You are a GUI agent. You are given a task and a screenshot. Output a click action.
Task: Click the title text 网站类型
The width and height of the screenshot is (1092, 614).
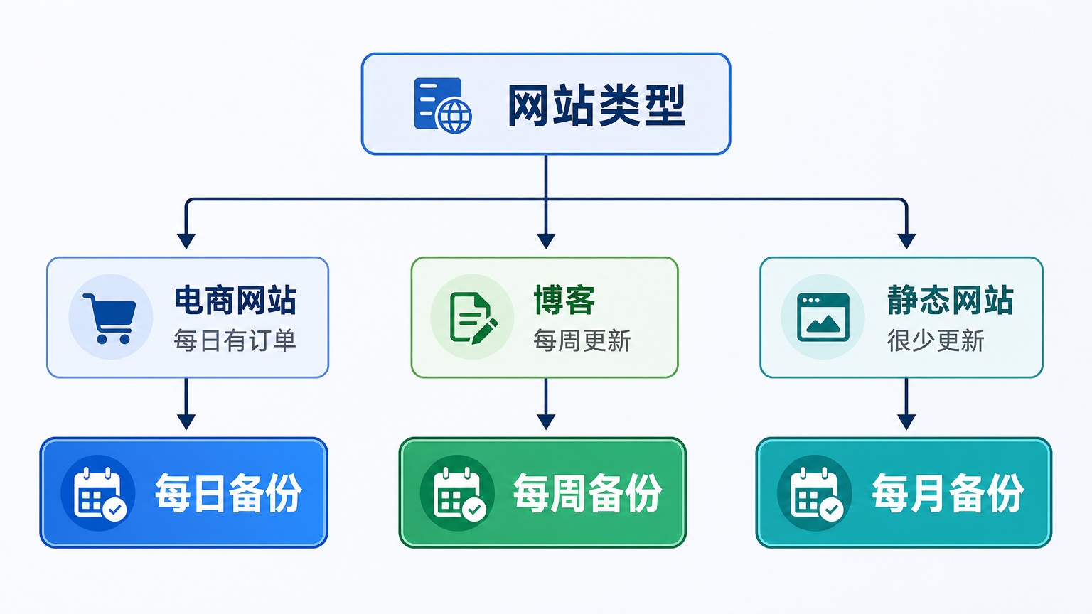tap(596, 106)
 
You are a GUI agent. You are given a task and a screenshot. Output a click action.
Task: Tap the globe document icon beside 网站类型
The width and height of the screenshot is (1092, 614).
tap(442, 105)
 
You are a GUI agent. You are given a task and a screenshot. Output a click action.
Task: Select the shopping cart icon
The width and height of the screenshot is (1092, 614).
tap(110, 318)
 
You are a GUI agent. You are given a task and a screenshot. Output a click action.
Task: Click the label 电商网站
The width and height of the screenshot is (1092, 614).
tap(235, 300)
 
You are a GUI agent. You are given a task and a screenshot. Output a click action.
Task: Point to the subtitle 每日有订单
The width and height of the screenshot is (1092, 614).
tap(235, 340)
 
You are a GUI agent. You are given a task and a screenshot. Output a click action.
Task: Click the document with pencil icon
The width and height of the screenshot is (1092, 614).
tap(472, 318)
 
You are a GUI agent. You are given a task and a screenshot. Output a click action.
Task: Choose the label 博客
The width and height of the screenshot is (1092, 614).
tap(564, 300)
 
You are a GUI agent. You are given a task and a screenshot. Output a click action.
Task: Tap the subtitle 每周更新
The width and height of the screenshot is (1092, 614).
tap(582, 340)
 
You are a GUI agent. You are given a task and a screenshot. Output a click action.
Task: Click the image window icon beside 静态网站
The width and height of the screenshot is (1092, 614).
tap(823, 317)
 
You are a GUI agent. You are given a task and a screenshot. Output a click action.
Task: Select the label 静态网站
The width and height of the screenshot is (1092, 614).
tap(950, 300)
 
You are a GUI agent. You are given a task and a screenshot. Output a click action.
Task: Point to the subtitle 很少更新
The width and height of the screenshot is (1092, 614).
tap(935, 340)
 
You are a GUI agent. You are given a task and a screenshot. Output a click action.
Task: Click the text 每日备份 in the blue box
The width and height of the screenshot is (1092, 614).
tap(228, 492)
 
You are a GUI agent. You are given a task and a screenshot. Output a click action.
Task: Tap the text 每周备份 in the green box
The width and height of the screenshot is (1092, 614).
tap(587, 492)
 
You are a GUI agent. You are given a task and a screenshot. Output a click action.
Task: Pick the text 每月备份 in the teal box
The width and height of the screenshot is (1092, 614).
tap(948, 492)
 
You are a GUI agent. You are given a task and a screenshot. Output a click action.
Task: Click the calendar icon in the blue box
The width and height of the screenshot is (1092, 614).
tap(99, 492)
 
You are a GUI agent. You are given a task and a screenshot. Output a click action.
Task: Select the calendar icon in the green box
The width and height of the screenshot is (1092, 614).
tap(458, 492)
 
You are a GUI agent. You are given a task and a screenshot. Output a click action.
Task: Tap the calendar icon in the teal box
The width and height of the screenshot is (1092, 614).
tap(815, 492)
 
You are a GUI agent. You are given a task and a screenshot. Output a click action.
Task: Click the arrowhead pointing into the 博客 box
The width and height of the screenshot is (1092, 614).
tap(546, 241)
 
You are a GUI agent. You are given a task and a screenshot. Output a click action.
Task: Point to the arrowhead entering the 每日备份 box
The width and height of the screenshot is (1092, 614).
tap(186, 421)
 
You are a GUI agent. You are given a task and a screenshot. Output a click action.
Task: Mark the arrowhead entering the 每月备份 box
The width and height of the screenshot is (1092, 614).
tap(906, 421)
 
